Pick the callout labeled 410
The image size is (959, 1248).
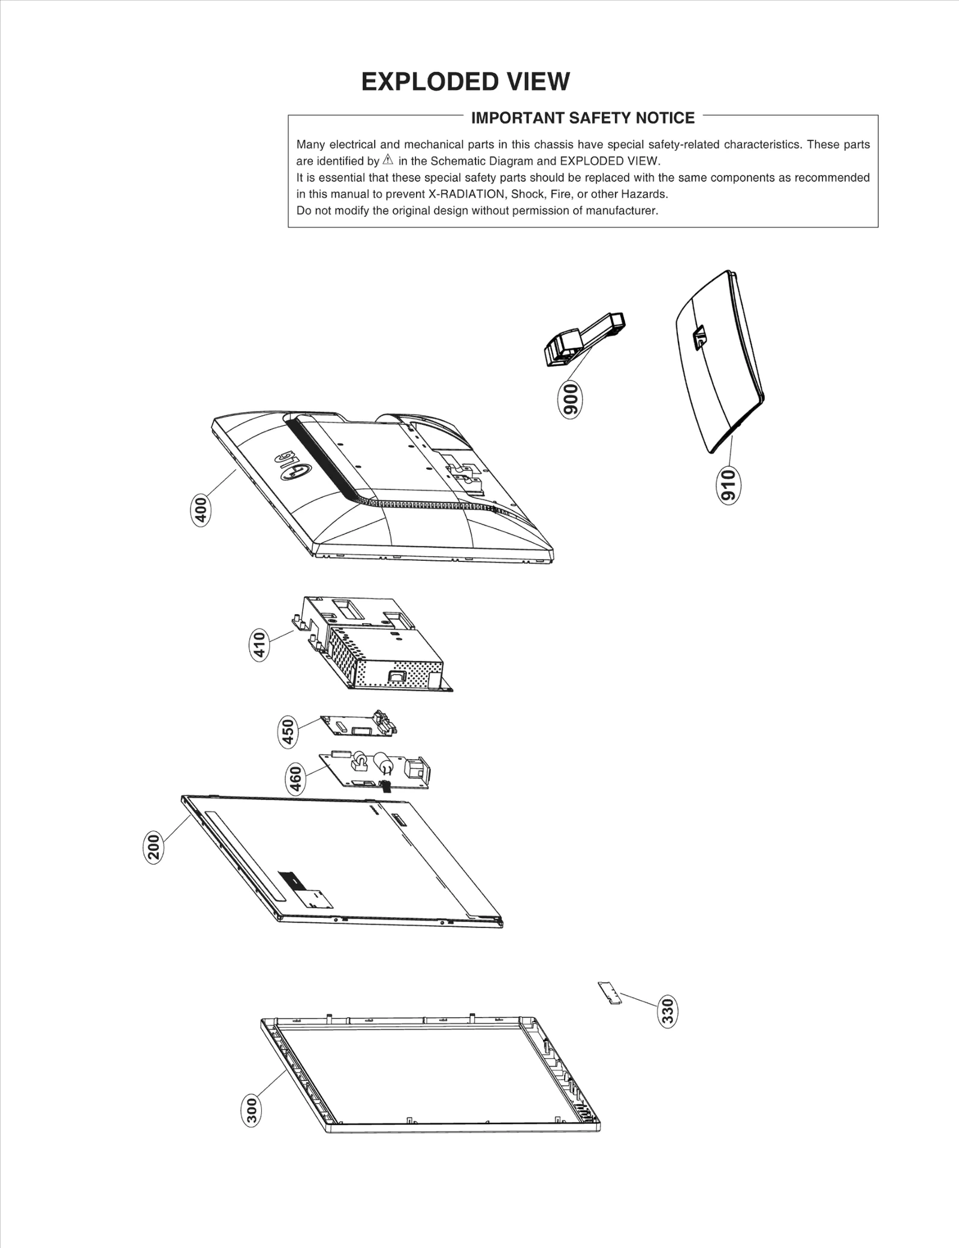click(x=259, y=645)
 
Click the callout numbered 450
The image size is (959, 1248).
click(x=288, y=732)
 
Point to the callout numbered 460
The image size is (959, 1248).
click(x=295, y=779)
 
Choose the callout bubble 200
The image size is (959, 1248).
click(x=153, y=847)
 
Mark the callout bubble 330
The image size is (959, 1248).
click(x=667, y=1011)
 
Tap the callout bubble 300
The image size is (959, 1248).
click(x=252, y=1110)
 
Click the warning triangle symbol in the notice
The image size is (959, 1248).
click(x=388, y=160)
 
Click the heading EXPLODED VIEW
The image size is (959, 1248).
click(x=465, y=82)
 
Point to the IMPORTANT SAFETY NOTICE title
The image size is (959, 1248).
click(x=583, y=118)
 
